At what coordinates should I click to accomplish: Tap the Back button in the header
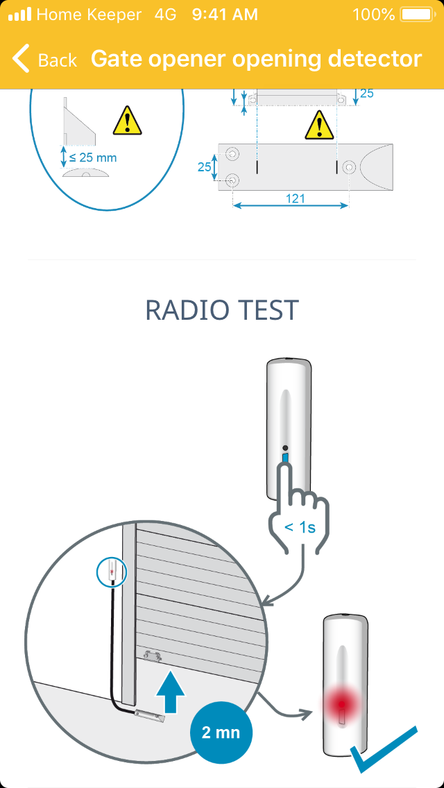tap(44, 59)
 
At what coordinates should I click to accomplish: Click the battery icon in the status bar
tap(416, 15)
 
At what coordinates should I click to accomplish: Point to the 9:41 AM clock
tap(225, 15)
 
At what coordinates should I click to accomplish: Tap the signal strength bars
tap(19, 15)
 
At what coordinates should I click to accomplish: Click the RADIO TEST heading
tap(222, 311)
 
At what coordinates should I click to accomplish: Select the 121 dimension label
tap(295, 198)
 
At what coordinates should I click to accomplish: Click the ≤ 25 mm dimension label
tap(92, 157)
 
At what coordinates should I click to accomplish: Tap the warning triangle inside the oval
tap(128, 121)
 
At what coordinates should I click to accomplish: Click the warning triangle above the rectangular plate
tap(320, 125)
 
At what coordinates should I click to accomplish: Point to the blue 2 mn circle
tap(221, 733)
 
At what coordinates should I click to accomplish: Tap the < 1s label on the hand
tap(300, 528)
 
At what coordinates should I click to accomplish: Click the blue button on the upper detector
tap(286, 459)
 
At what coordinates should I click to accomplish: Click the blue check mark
tap(383, 748)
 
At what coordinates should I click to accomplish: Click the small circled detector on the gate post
tap(112, 572)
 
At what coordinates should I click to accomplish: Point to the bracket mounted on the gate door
tap(153, 656)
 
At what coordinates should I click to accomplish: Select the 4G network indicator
tap(165, 15)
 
